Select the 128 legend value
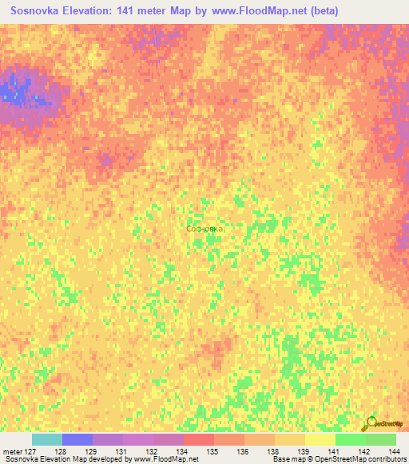click(61, 450)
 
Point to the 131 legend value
click(122, 450)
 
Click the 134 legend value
click(183, 450)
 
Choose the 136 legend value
click(244, 450)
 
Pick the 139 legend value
click(304, 450)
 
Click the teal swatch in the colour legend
click(47, 439)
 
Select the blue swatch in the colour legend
click(77, 439)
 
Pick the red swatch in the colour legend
click(199, 439)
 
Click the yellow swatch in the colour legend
click(320, 439)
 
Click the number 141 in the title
click(127, 11)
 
